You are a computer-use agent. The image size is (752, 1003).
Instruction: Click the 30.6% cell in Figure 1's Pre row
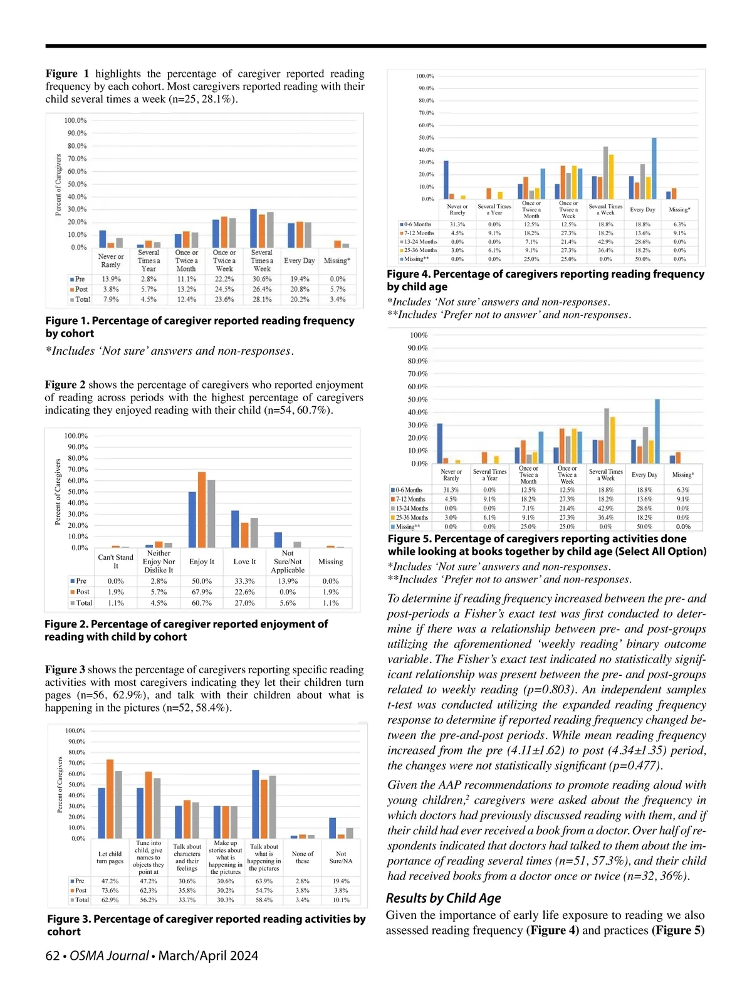[262, 279]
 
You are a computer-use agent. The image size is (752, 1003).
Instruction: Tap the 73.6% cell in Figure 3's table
[110, 890]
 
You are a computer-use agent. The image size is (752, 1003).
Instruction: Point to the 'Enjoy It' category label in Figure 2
[202, 562]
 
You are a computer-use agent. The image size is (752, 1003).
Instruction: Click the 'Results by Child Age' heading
[444, 898]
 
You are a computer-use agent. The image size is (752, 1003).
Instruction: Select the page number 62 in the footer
[53, 955]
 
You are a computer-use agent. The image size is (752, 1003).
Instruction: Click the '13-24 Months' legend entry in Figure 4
[419, 241]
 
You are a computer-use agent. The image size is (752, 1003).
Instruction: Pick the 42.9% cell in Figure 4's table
[605, 241]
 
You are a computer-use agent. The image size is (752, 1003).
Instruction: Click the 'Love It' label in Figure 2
[244, 562]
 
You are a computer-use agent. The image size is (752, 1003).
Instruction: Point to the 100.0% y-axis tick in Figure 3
[75, 731]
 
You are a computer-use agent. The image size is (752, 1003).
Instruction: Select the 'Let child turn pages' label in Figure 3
[110, 857]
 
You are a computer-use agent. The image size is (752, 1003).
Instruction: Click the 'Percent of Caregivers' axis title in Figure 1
[58, 185]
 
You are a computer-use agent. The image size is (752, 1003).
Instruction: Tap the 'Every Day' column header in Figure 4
[642, 210]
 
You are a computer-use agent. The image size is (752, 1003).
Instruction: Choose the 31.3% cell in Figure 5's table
[451, 490]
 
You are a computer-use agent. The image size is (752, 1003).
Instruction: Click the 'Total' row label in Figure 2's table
[84, 603]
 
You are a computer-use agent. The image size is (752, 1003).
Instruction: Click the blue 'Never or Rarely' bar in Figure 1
[103, 239]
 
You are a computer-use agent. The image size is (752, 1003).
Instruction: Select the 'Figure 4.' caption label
[408, 274]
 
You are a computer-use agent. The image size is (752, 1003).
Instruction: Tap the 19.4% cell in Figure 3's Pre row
[341, 881]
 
